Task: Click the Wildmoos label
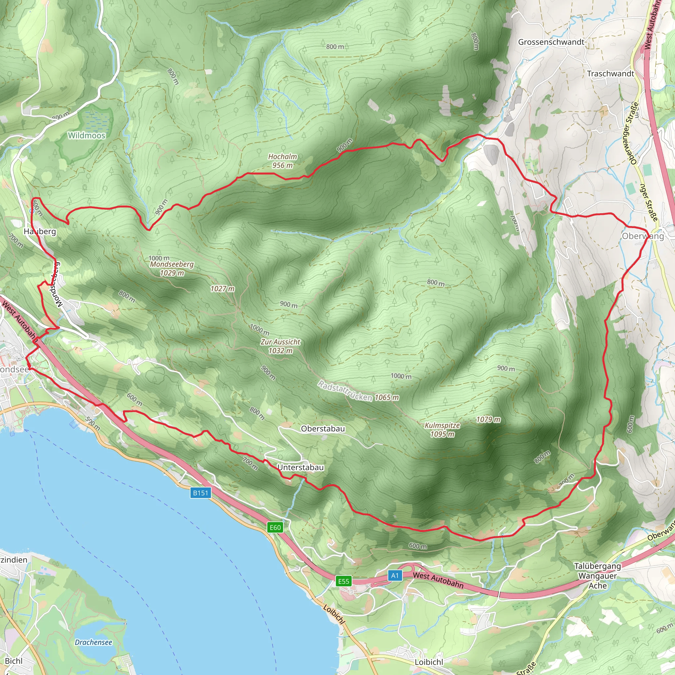coord(86,135)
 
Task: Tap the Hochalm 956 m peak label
coord(282,161)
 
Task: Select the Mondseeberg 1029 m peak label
coord(171,268)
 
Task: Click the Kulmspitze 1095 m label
coord(442,430)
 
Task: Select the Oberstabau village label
coord(323,429)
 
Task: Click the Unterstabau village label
coord(301,467)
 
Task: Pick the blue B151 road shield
coord(200,493)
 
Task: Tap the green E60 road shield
coord(275,528)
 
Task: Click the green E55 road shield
coord(343,581)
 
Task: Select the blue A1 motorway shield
coord(395,575)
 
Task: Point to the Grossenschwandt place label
coord(551,42)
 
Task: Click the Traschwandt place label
coord(610,74)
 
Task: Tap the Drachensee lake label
coord(93,642)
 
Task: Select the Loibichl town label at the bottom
coord(429,662)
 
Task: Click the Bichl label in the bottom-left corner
coord(14,661)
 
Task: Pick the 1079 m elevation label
coord(488,419)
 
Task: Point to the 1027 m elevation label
coord(222,289)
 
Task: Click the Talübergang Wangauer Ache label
coord(598,576)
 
